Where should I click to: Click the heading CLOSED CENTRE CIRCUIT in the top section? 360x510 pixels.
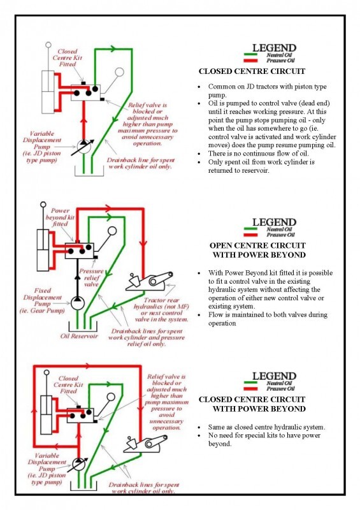click(252, 71)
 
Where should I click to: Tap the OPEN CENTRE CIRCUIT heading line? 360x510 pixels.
click(257, 245)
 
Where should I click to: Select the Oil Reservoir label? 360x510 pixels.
click(79, 336)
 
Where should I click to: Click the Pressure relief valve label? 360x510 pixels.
click(91, 277)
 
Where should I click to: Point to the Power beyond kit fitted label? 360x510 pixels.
click(60, 217)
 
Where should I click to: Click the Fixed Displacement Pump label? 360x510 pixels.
click(42, 300)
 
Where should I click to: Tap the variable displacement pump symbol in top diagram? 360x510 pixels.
click(83, 147)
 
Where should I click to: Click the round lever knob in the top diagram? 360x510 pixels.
click(119, 72)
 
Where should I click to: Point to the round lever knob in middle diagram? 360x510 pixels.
click(112, 231)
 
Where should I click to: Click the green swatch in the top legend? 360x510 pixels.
click(250, 55)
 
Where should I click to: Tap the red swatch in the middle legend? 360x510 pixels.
click(250, 235)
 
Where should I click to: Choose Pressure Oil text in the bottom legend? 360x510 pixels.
click(280, 389)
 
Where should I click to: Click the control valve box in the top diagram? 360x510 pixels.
click(85, 92)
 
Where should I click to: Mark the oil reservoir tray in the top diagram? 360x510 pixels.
click(89, 171)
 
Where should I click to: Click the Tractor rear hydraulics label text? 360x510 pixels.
click(161, 310)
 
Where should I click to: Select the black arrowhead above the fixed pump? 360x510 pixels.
click(77, 276)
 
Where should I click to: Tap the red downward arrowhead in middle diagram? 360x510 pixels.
click(143, 244)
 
